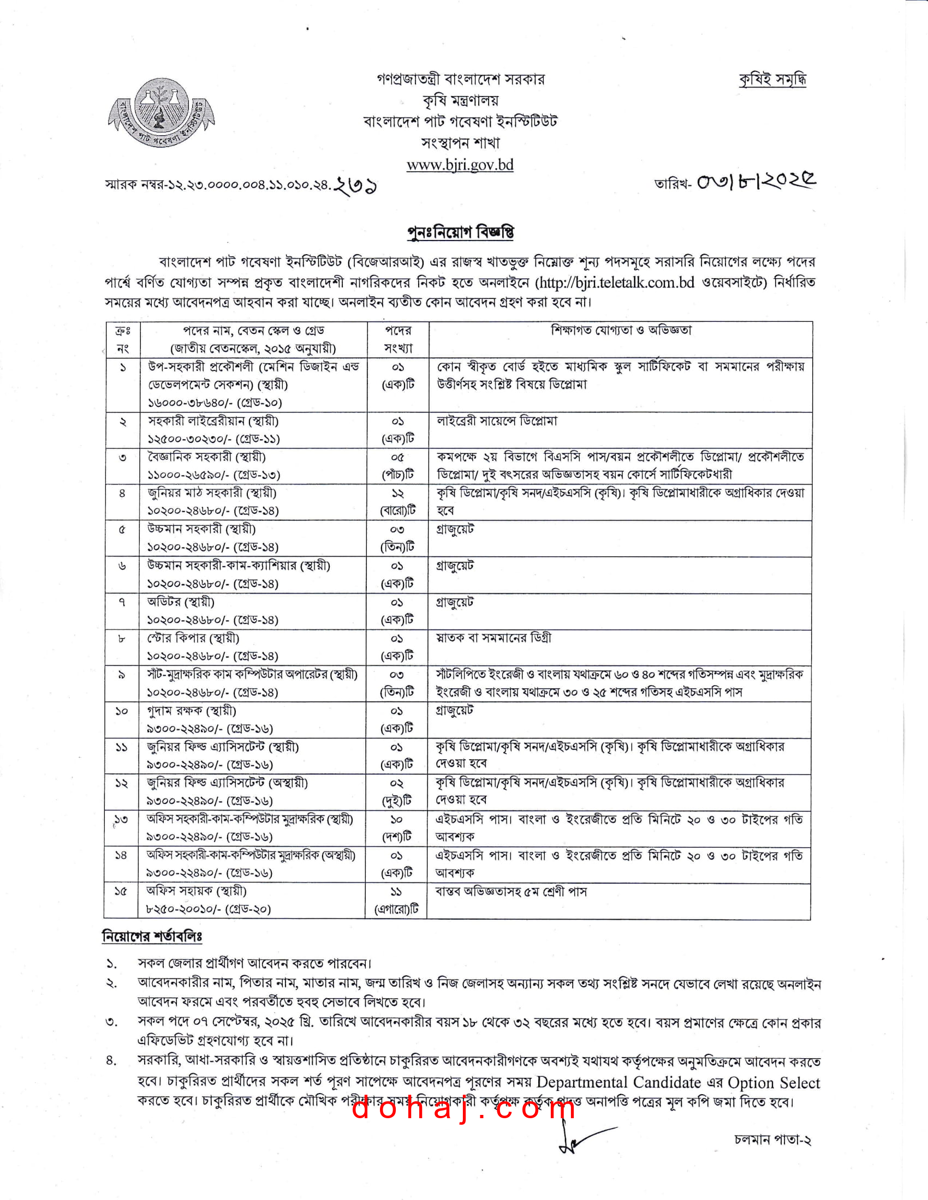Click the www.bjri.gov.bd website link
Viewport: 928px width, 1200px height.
[x=460, y=165]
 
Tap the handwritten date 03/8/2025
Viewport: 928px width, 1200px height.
[x=757, y=181]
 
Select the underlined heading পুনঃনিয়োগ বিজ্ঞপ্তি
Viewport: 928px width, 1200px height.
[x=460, y=232]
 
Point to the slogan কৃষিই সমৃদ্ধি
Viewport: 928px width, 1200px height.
[x=772, y=80]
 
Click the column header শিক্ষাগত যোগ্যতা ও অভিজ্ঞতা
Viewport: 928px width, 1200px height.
[x=621, y=330]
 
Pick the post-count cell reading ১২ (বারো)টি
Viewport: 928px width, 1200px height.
[x=397, y=502]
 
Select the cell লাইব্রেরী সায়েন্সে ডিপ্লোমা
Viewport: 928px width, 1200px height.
[x=497, y=421]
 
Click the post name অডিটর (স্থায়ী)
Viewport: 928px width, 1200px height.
[x=180, y=602]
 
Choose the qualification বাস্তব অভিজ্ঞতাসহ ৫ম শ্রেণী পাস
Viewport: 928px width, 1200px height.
[x=511, y=891]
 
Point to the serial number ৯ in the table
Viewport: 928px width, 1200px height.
[x=122, y=675]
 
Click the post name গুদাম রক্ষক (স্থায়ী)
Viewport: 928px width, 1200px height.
[x=191, y=710]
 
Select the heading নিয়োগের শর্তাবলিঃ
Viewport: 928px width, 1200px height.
[x=152, y=935]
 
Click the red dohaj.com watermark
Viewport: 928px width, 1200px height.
[x=463, y=1108]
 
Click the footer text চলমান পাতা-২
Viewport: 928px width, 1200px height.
[x=772, y=1139]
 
